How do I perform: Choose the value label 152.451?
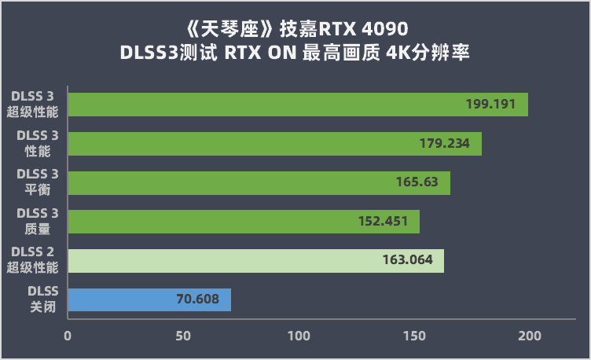point(383,222)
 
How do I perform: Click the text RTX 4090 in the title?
point(362,30)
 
